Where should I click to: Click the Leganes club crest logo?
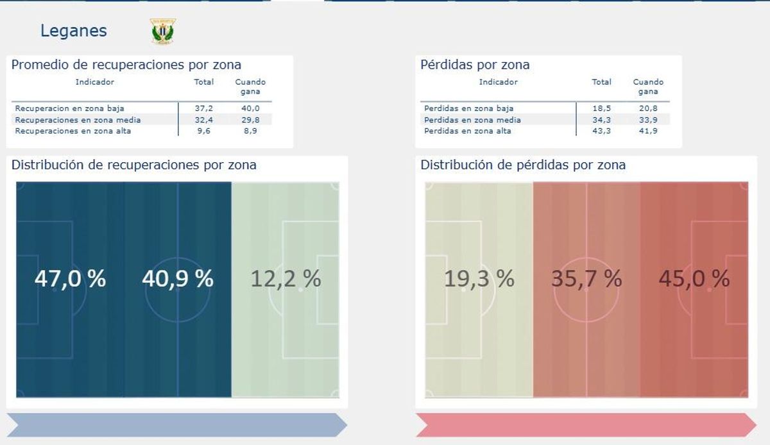point(163,31)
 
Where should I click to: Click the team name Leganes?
point(73,31)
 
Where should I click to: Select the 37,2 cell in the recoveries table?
point(203,108)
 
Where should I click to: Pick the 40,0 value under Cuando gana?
point(250,108)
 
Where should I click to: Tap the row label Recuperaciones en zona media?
point(78,120)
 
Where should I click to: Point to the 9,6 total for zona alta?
point(203,131)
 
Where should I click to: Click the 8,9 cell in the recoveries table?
point(250,131)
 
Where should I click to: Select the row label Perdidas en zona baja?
point(468,108)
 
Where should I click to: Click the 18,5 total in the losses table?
point(601,108)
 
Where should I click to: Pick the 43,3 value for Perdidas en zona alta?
point(601,131)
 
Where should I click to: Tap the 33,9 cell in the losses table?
point(648,120)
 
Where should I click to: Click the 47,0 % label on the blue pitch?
point(70,279)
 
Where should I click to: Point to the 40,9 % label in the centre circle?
point(177,279)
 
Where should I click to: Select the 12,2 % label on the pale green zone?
point(285,279)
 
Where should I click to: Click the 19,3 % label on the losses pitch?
point(479,279)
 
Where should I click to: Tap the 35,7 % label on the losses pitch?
point(586,279)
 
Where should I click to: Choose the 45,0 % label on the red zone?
point(694,279)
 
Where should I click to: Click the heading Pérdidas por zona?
point(475,65)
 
